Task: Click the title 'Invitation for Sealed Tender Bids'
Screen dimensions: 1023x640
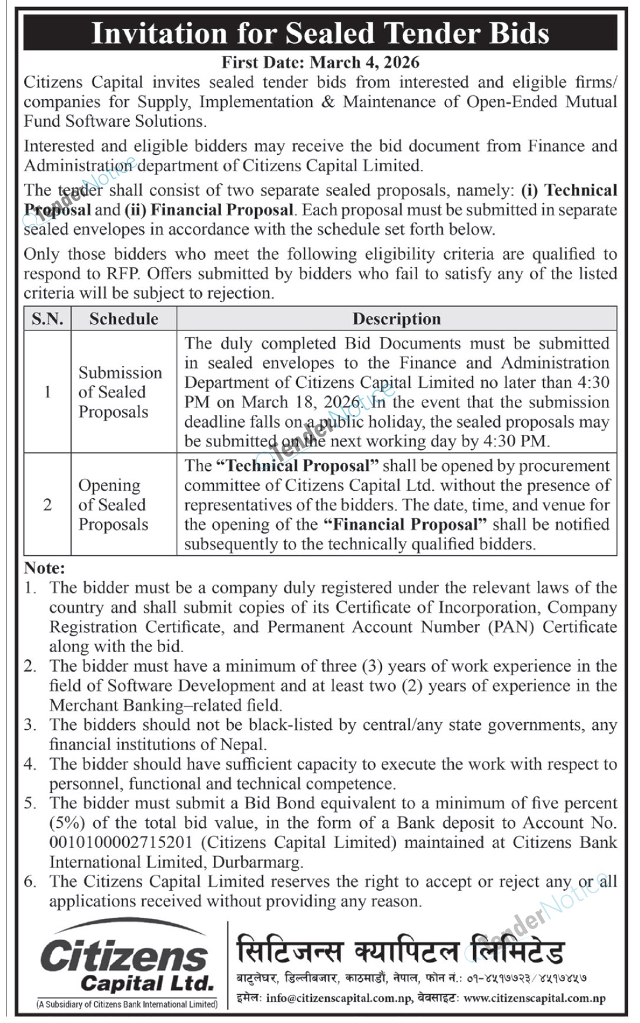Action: pyautogui.click(x=320, y=33)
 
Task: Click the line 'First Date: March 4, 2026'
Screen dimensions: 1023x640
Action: pyautogui.click(x=320, y=62)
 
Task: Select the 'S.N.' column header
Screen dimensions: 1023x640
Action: pyautogui.click(x=48, y=318)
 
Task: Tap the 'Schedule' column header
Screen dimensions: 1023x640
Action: pyautogui.click(x=123, y=318)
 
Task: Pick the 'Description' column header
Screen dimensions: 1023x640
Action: pyautogui.click(x=397, y=318)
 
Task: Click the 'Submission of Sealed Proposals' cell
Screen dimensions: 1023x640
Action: pyautogui.click(x=120, y=392)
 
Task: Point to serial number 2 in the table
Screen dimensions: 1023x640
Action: pyautogui.click(x=48, y=505)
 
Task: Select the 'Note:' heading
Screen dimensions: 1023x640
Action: pyautogui.click(x=44, y=568)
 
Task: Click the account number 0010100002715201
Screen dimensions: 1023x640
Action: pyautogui.click(x=120, y=842)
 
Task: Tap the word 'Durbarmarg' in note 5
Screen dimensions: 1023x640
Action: pyautogui.click(x=257, y=862)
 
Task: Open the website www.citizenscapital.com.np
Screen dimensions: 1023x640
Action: pyautogui.click(x=534, y=998)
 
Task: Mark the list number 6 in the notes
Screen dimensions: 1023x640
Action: pyautogui.click(x=30, y=881)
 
